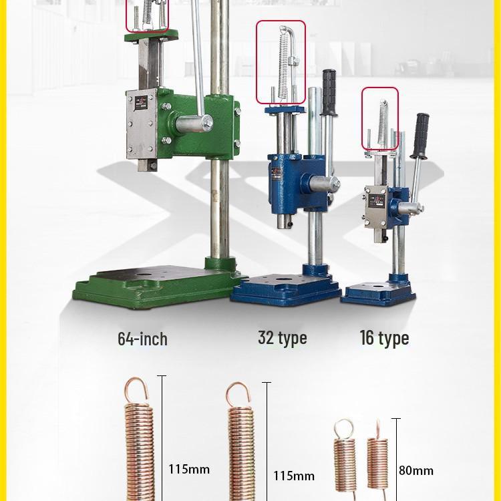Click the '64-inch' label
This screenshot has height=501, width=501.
coord(142,339)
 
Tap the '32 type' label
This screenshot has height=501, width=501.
coord(282,338)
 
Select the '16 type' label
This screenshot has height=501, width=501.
coord(384,338)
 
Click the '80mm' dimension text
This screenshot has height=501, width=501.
coord(415,470)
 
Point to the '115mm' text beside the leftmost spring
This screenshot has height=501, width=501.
coord(189,469)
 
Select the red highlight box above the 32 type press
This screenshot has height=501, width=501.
coord(281,62)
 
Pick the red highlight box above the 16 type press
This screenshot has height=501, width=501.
coord(380,118)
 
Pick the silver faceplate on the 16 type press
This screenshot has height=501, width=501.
coord(375,208)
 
